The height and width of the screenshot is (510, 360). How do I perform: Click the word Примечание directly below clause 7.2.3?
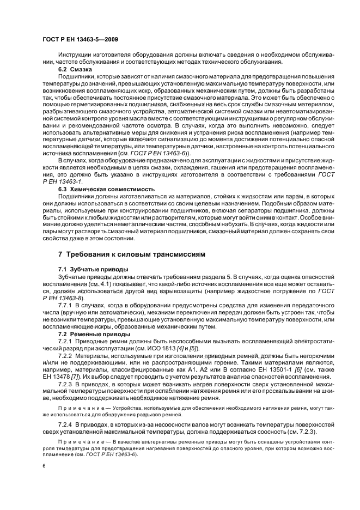pos(77,407)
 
